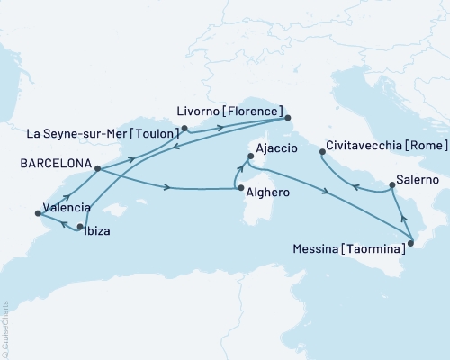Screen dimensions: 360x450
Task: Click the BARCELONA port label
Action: point(46,163)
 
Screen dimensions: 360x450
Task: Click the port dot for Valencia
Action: point(37,213)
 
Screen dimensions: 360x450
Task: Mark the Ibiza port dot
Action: point(81,226)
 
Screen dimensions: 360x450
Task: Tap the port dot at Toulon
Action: point(184,128)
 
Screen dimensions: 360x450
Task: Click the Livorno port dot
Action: point(287,118)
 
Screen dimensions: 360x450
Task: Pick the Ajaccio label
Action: point(276,148)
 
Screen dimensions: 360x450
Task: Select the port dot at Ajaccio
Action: point(248,158)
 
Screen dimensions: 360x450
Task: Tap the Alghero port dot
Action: point(237,187)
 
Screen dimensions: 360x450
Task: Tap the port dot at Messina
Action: point(409,240)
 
